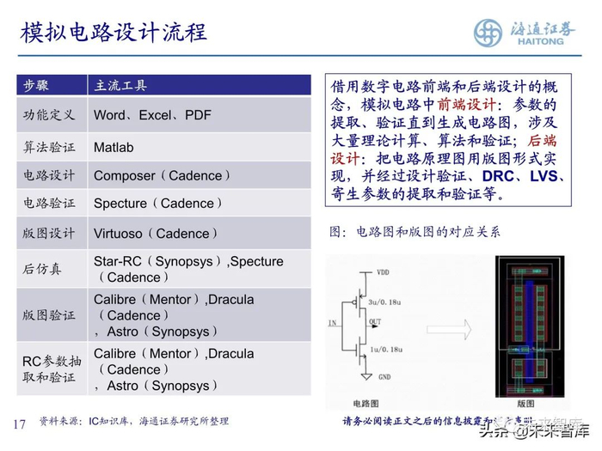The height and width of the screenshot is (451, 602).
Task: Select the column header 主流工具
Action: pyautogui.click(x=120, y=85)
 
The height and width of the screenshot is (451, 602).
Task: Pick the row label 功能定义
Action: pyautogui.click(x=48, y=114)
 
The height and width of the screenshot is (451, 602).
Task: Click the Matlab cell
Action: pyautogui.click(x=114, y=147)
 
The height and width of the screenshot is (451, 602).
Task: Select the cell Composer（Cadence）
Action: pyautogui.click(x=163, y=175)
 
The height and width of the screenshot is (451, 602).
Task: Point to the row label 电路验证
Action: pyautogui.click(x=48, y=204)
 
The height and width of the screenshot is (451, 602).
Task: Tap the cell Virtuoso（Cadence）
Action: pyautogui.click(x=156, y=234)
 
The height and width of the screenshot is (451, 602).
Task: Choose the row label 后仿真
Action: pyautogui.click(x=42, y=269)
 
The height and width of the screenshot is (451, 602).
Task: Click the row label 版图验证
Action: pyautogui.click(x=48, y=315)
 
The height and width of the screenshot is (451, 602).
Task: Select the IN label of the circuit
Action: pyautogui.click(x=332, y=324)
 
